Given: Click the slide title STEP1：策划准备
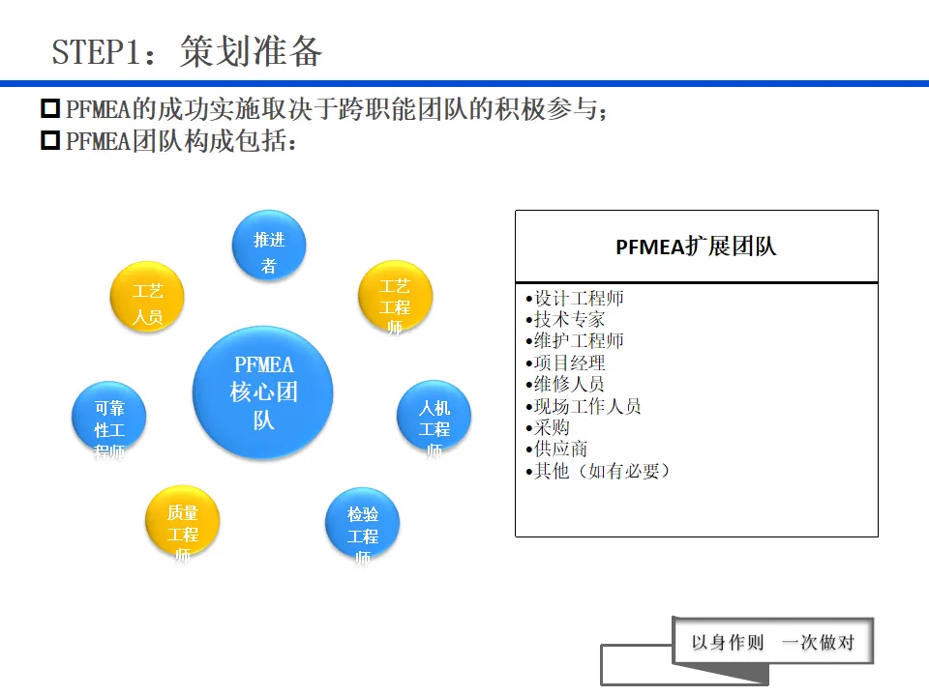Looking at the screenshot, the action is click(x=187, y=51).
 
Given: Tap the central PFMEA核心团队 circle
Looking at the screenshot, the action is click(x=263, y=392).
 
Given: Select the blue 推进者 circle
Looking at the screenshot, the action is click(x=269, y=247).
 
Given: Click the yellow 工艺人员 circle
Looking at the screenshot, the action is click(x=147, y=298).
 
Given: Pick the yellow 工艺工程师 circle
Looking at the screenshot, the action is click(x=395, y=300).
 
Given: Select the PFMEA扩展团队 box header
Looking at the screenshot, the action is click(x=696, y=246).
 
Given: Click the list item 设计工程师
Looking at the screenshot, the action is click(x=579, y=299).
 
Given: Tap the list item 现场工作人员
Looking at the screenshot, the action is click(x=587, y=406).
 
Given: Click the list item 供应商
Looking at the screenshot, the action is click(x=560, y=449).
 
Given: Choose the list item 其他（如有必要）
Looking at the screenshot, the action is click(x=602, y=471).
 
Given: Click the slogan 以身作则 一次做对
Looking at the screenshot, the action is click(x=772, y=642).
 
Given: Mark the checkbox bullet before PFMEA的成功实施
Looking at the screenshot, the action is click(x=50, y=109).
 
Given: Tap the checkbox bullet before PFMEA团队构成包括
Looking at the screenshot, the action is click(x=50, y=141).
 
